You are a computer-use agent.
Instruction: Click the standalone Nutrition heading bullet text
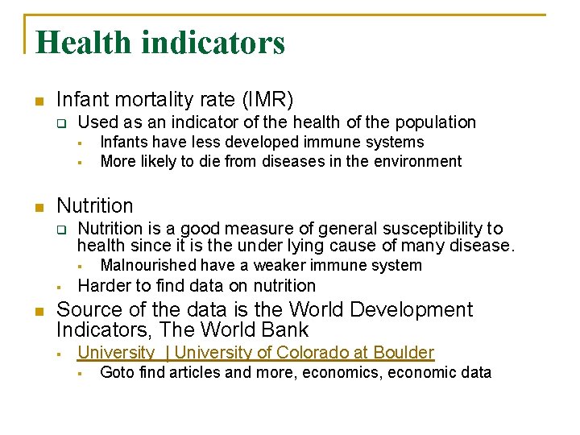point(95,205)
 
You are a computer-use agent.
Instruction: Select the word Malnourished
point(149,265)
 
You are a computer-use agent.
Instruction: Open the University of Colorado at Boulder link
point(256,352)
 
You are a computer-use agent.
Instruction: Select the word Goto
point(117,372)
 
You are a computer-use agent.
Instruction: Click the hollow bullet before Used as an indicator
point(60,123)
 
